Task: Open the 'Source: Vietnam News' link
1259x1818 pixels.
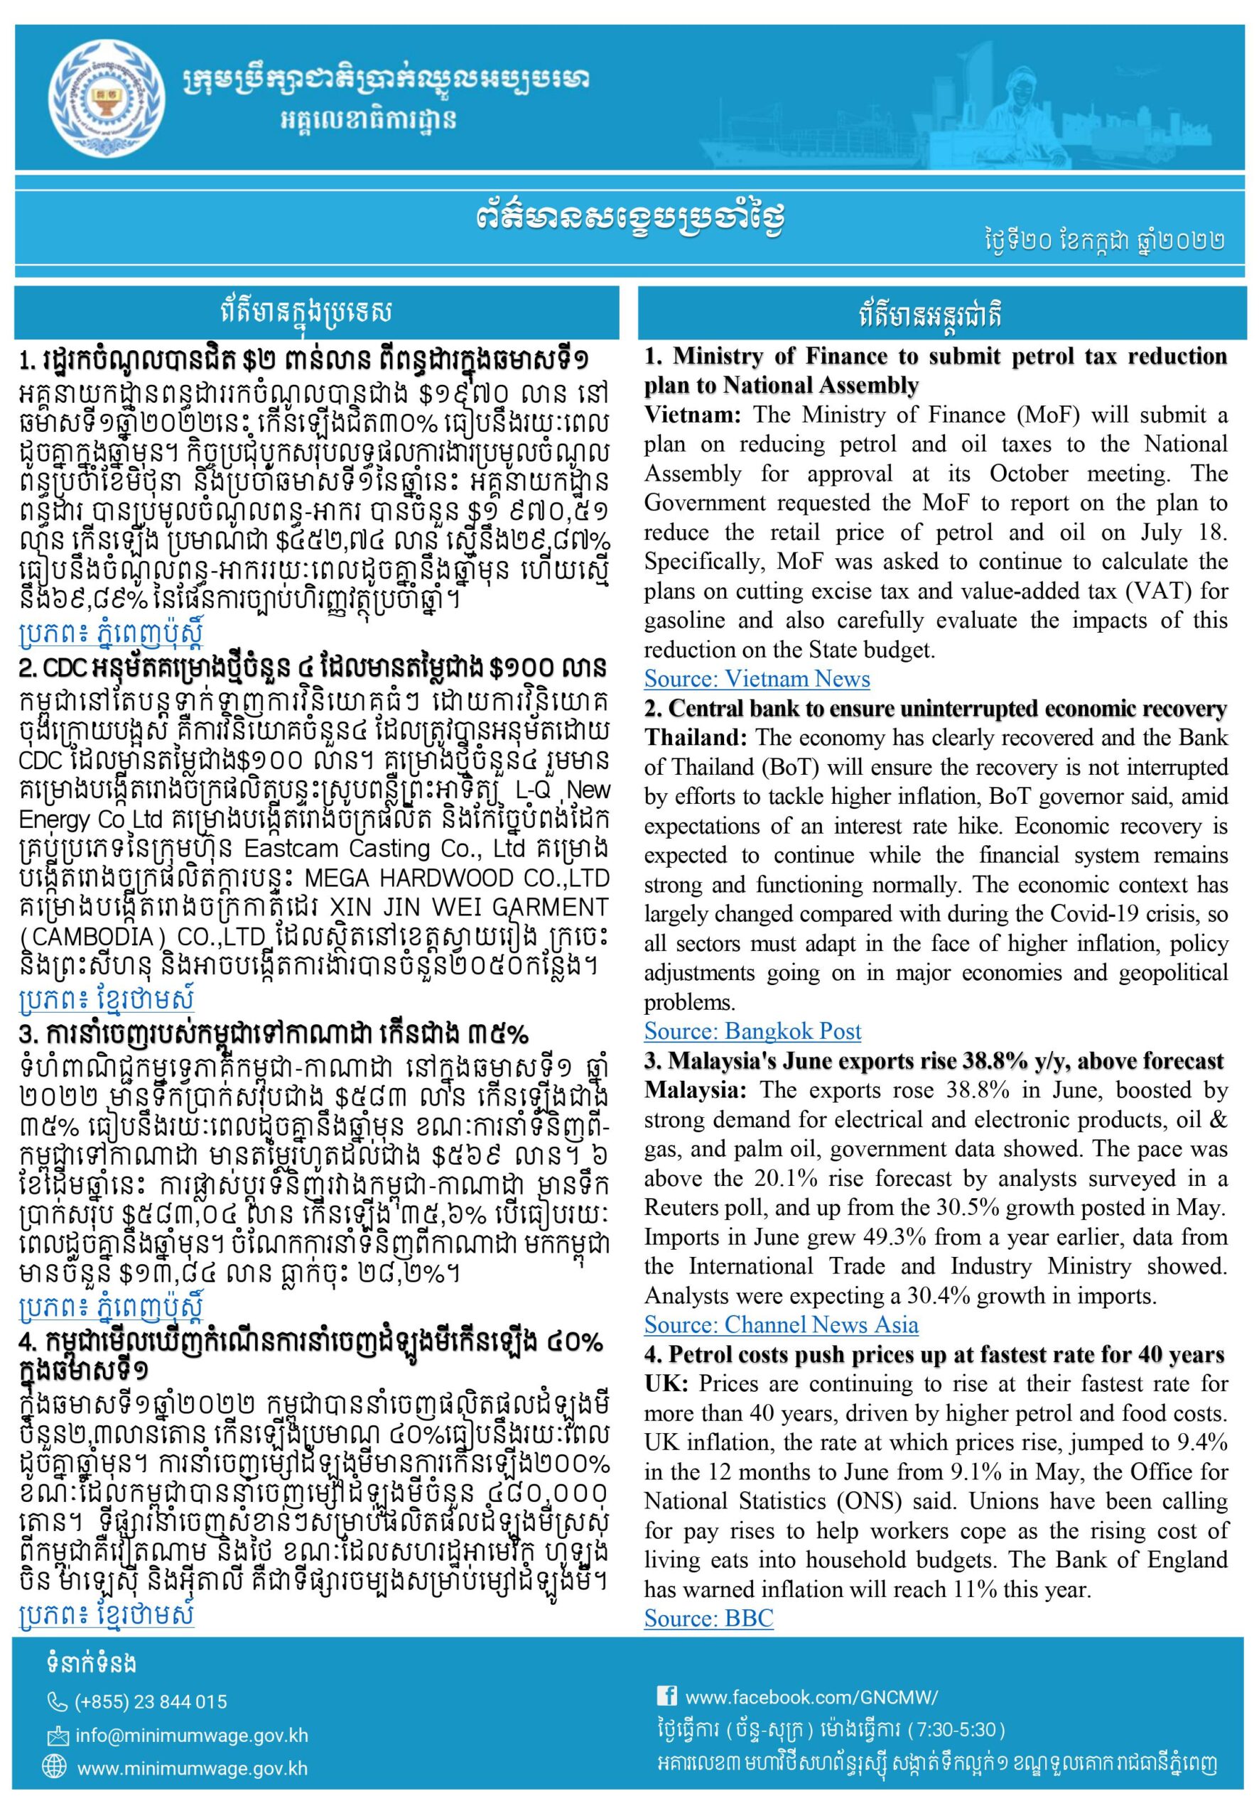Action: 757,679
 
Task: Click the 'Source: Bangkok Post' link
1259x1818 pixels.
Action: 752,1031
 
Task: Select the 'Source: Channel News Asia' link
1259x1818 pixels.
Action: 780,1324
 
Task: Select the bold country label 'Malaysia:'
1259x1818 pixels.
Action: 697,1090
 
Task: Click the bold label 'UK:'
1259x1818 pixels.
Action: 666,1384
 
